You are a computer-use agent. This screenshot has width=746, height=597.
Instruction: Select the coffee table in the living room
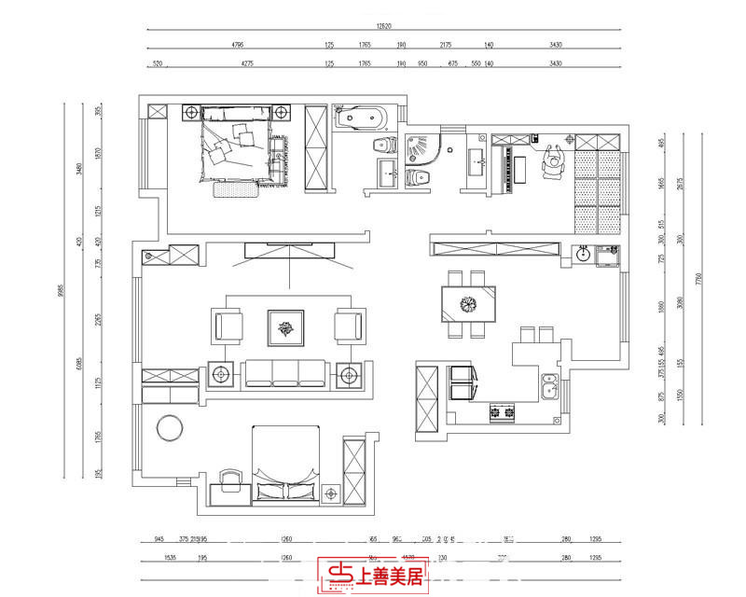point(286,326)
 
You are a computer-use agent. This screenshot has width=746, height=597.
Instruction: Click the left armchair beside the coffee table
point(228,326)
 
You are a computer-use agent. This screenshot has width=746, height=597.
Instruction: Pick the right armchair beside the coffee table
point(349,326)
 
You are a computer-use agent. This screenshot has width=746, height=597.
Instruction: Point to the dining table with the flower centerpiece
point(468,303)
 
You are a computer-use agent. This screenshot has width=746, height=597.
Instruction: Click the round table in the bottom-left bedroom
point(171,427)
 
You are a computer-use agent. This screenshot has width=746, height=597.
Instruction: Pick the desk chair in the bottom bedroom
point(228,479)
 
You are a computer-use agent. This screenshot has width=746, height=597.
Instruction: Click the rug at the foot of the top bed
point(235,189)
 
